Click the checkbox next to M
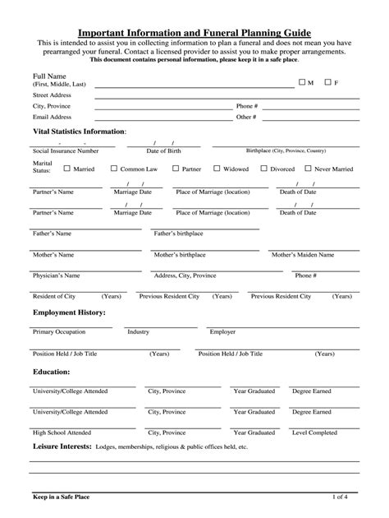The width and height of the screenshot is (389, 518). tap(301, 82)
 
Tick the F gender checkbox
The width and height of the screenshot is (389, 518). tap(327, 82)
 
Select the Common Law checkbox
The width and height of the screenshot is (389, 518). tap(115, 169)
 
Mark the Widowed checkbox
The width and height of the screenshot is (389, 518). tap(217, 169)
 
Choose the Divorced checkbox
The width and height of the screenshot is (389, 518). tap(263, 169)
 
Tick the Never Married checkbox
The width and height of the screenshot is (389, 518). tap(308, 169)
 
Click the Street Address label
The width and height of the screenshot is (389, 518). tap(52, 95)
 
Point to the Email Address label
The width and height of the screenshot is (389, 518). tap(52, 117)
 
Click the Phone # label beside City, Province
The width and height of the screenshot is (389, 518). tap(247, 106)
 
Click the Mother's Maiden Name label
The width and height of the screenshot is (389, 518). tap(303, 255)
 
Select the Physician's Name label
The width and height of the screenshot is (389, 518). tap(56, 275)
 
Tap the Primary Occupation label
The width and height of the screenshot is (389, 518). tap(59, 331)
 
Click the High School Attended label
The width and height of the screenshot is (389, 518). tap(62, 432)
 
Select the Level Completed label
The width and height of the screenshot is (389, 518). tap(314, 432)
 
